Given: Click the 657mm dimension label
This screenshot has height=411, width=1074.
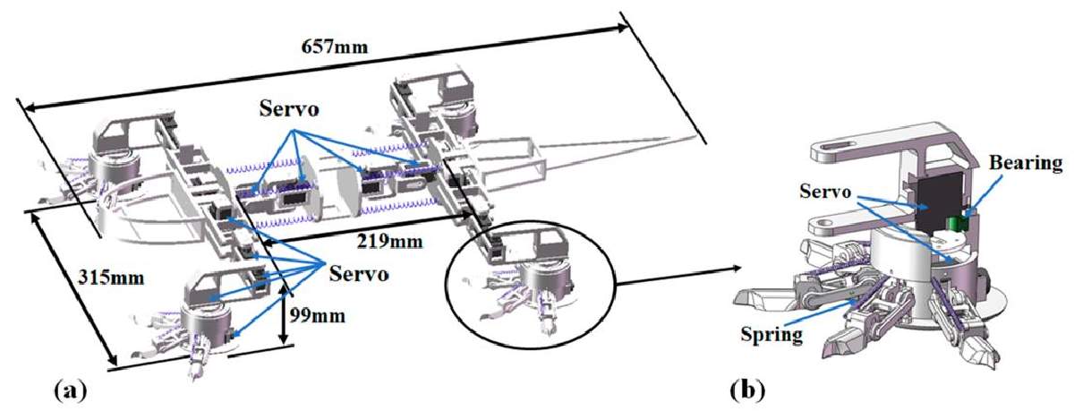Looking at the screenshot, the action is pyautogui.click(x=334, y=47).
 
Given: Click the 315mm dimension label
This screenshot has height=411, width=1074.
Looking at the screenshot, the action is pyautogui.click(x=111, y=278).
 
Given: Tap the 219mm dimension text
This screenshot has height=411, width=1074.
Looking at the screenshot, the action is pyautogui.click(x=390, y=241).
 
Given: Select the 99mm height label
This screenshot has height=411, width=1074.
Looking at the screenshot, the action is pyautogui.click(x=318, y=315).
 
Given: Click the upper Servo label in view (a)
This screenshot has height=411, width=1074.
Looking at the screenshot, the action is pyautogui.click(x=289, y=109).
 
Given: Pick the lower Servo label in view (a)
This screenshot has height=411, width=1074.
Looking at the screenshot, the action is pyautogui.click(x=359, y=274).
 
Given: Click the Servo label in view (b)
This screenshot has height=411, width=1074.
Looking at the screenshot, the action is pyautogui.click(x=825, y=192).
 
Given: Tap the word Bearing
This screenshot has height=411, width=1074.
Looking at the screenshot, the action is pyautogui.click(x=1026, y=164).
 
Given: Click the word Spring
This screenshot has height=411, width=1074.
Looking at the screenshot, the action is pyautogui.click(x=771, y=334).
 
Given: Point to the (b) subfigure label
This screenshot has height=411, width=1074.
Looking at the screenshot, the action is pyautogui.click(x=747, y=390).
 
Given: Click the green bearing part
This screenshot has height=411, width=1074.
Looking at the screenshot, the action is pyautogui.click(x=957, y=224).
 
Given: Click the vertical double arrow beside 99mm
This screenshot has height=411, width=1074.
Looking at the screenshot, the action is pyautogui.click(x=285, y=314).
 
